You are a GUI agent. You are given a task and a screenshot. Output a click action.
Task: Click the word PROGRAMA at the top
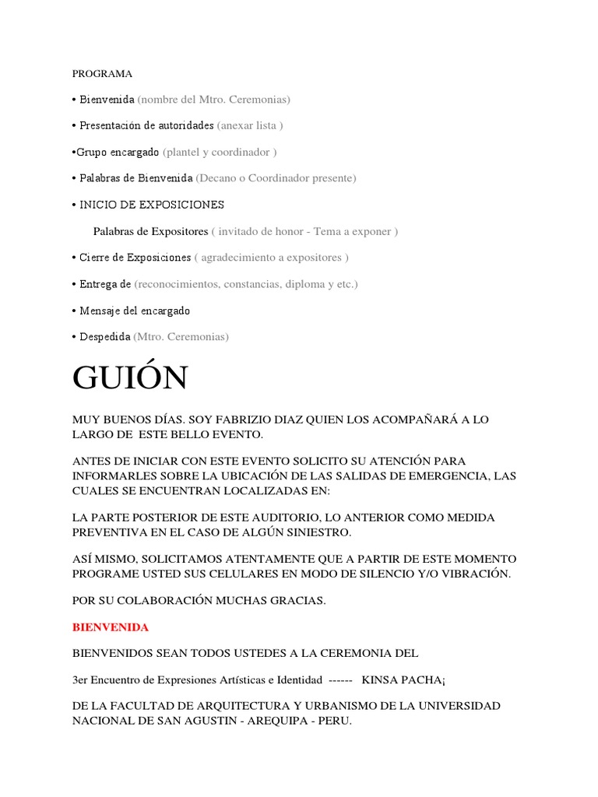click(102, 74)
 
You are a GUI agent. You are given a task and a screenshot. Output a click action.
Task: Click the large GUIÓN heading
click(130, 377)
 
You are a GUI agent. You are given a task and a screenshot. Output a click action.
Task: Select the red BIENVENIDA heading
click(110, 627)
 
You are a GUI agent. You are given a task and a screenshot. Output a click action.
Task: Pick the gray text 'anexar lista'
click(249, 125)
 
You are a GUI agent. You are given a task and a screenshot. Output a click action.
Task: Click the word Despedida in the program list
click(104, 337)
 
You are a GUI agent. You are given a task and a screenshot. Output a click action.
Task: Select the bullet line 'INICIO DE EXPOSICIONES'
click(152, 205)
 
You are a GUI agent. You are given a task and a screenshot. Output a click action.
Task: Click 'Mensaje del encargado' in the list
click(135, 311)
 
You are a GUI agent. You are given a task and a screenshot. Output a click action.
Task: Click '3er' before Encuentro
click(79, 679)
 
